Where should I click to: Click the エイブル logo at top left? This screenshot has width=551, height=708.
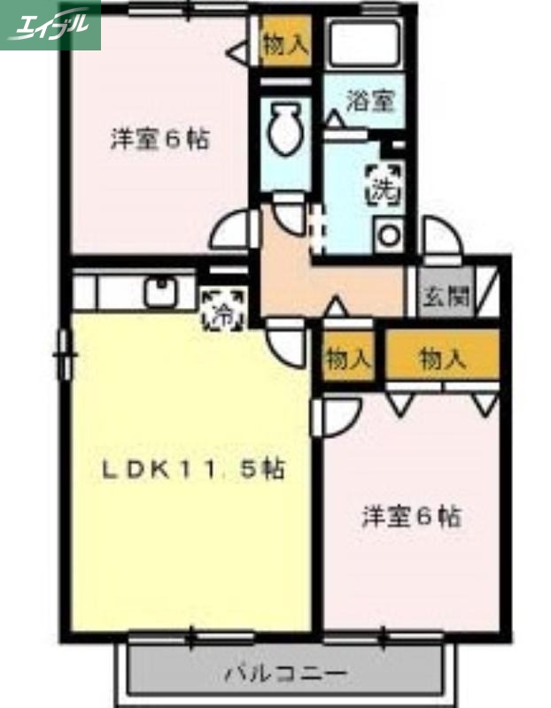coord(50,25)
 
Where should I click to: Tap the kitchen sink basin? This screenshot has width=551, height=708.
coord(161,290)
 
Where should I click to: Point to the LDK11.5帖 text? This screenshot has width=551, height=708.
coord(190,469)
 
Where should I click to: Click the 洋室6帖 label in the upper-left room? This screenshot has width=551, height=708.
coord(160,139)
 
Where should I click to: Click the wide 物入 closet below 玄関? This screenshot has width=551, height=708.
coord(441,358)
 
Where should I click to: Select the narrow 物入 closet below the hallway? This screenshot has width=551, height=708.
coord(347,359)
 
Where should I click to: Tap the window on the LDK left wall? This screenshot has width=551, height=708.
coord(63,354)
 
